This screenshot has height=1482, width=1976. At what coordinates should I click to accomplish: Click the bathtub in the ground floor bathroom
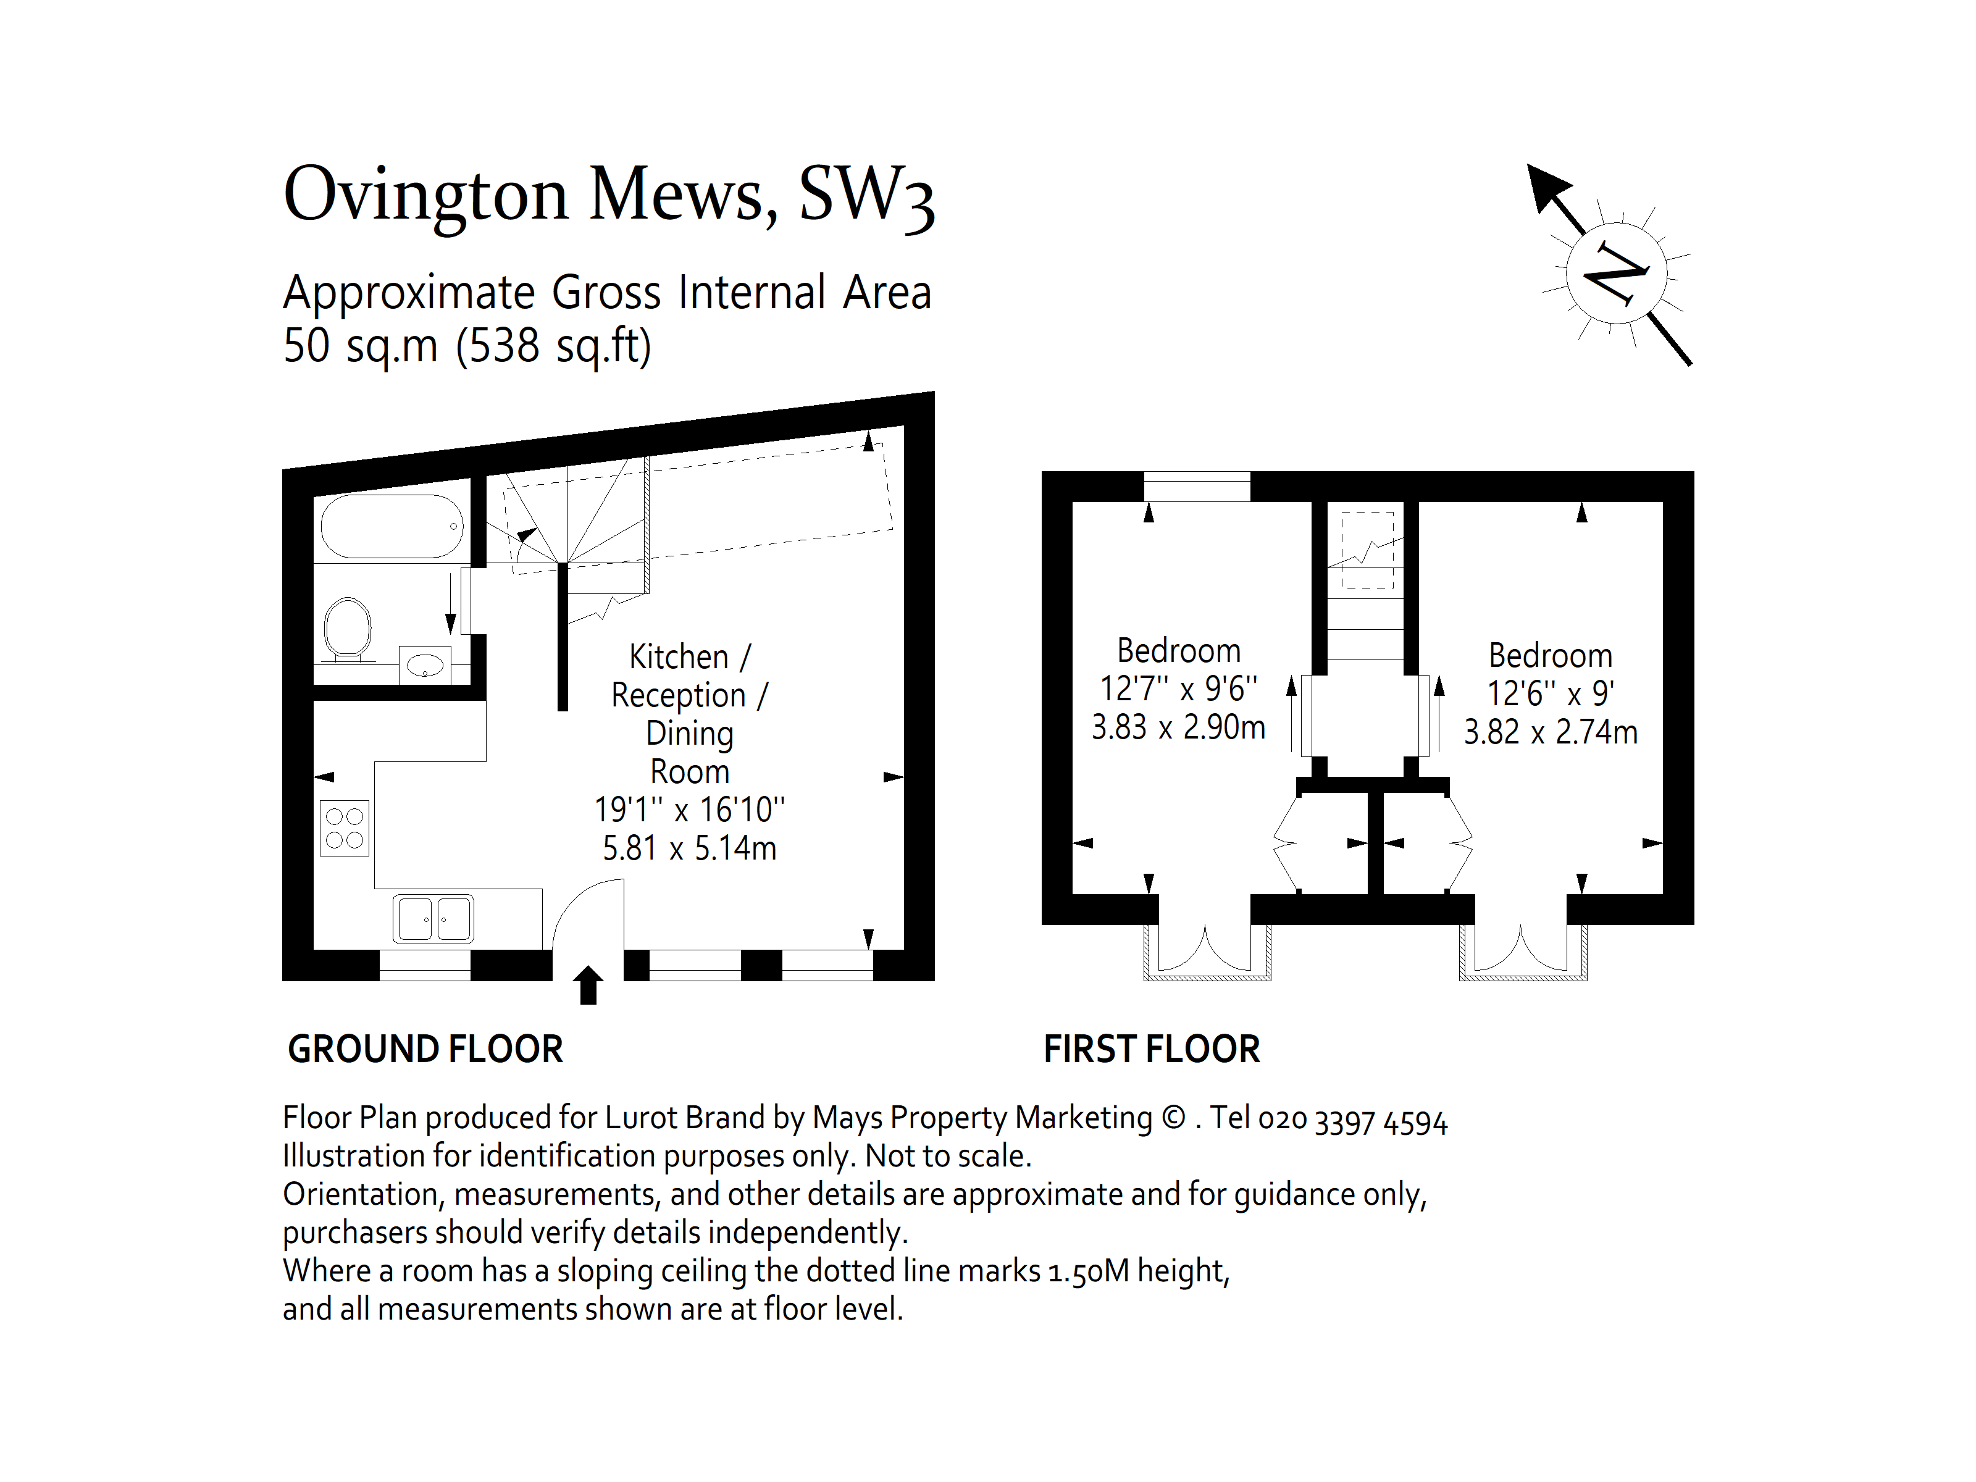point(392,526)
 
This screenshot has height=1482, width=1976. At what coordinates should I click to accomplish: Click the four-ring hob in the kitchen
point(345,828)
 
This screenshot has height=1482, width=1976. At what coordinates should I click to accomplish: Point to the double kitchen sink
point(433,918)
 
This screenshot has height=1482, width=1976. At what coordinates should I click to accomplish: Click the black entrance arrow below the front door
point(588,986)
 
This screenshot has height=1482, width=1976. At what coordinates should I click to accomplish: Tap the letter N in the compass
point(1615,272)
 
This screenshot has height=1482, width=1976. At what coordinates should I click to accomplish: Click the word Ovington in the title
point(425,196)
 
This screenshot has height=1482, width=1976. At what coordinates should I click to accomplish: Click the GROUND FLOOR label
point(425,1049)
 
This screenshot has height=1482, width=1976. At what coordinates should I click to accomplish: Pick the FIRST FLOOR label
point(1152,1049)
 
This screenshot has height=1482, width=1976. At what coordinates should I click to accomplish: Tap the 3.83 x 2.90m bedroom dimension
point(1178,727)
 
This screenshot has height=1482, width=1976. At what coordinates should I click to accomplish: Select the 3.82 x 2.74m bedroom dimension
point(1551,732)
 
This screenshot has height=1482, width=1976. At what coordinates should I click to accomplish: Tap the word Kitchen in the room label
point(679,656)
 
